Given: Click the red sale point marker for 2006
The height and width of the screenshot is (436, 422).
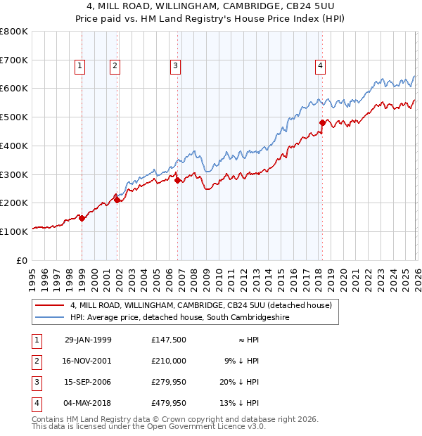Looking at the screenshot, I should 177,180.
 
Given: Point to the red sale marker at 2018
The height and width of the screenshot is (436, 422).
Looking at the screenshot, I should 322,122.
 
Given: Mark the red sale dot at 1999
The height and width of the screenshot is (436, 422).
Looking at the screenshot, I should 82,218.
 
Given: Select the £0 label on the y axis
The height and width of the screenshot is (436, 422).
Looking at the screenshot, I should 21,260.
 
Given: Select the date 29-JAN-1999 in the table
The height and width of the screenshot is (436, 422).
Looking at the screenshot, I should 87,340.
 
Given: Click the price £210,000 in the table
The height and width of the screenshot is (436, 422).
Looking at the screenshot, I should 168,361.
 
